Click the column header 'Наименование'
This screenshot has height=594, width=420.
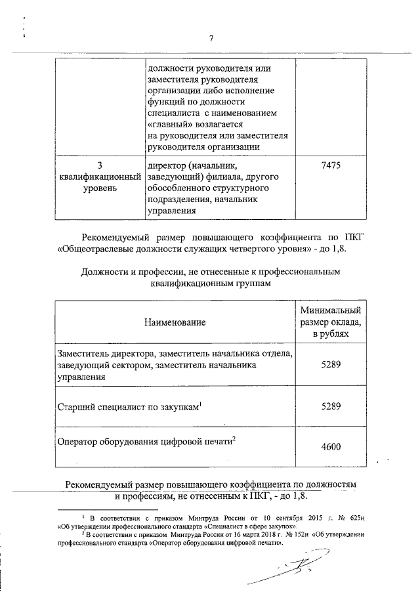click(176, 322)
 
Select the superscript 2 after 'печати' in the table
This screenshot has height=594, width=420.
click(234, 438)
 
